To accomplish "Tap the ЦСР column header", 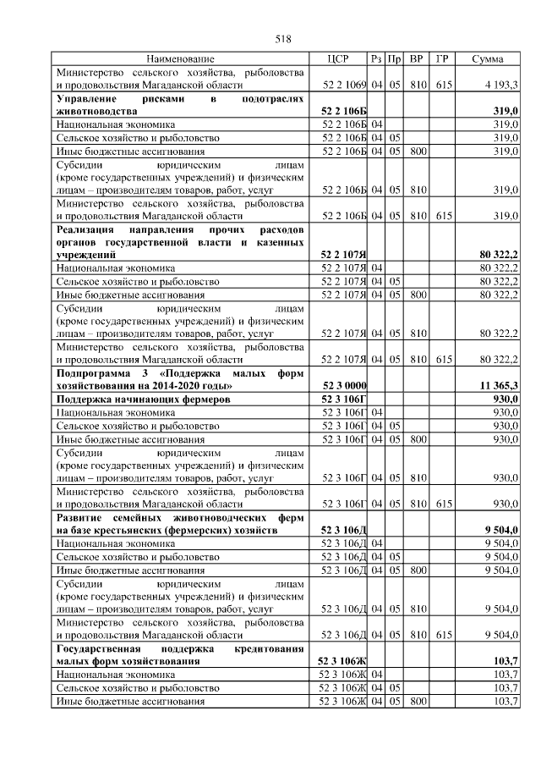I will (338, 59).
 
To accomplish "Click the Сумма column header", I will (488, 59).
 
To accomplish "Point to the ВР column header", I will (416, 59).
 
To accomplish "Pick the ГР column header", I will (441, 59).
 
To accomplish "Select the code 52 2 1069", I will (343, 85).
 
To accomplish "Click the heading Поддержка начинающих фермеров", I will (142, 399).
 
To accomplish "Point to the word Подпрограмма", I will (93, 373).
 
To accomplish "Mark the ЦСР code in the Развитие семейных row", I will (343, 530).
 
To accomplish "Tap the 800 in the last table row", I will (416, 702).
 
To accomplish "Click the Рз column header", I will (376, 59).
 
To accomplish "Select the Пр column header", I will (394, 59).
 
